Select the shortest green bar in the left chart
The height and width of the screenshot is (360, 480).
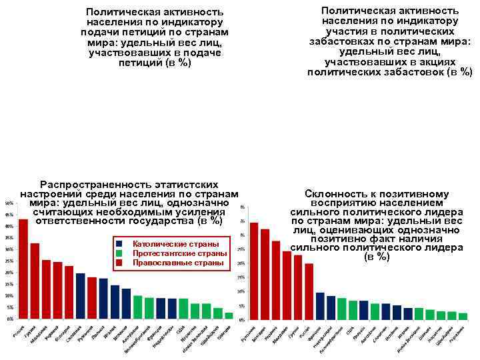(229, 315)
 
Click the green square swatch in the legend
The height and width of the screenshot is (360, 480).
(119, 253)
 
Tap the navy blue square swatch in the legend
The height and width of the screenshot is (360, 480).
(119, 244)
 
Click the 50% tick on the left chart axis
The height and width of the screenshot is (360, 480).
(9, 203)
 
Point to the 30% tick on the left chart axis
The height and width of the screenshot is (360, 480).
(9, 249)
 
